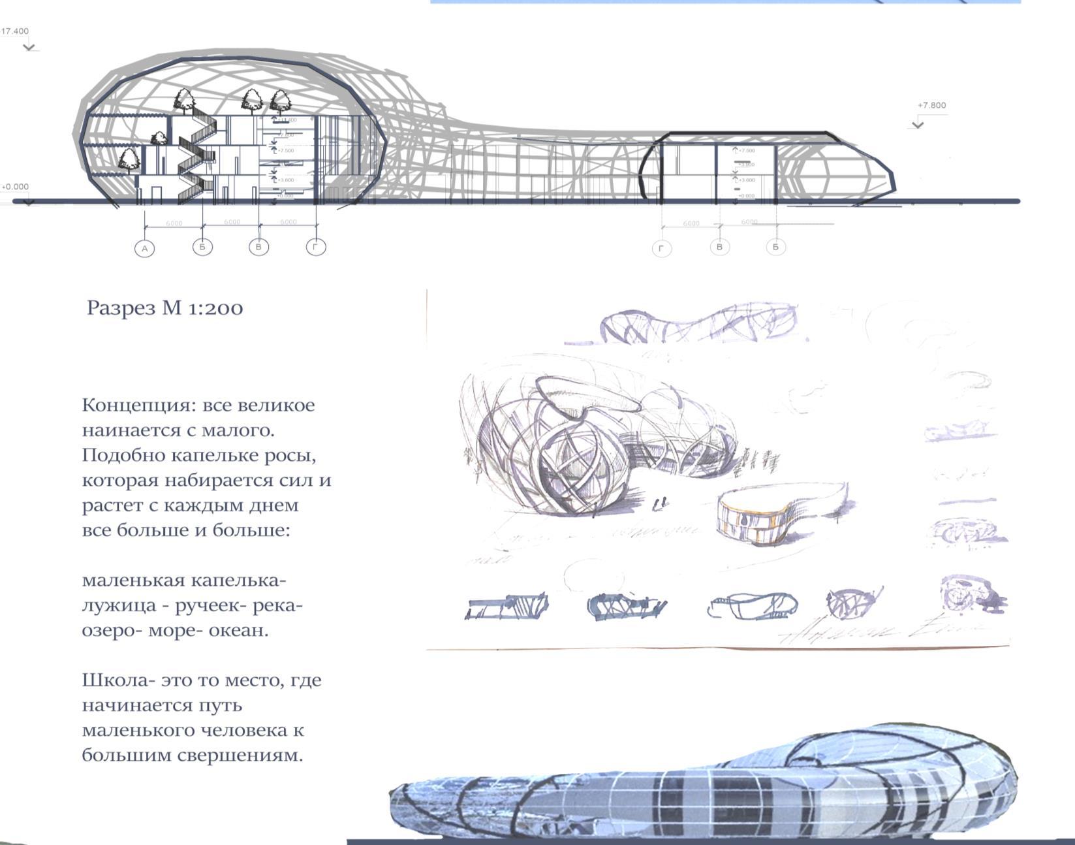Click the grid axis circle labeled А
pyautogui.click(x=145, y=248)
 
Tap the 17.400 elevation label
pyautogui.click(x=15, y=31)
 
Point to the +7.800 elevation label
pyautogui.click(x=931, y=105)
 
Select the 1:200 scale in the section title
pyautogui.click(x=215, y=308)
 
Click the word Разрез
pyautogui.click(x=121, y=308)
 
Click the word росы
pyautogui.click(x=289, y=455)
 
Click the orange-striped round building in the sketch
pyautogui.click(x=751, y=519)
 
